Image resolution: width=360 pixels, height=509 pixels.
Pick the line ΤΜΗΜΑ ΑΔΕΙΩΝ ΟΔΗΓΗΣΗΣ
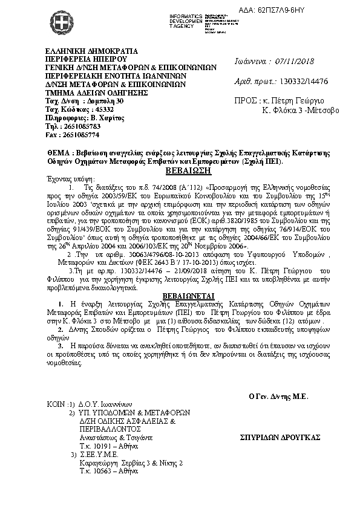96,93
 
